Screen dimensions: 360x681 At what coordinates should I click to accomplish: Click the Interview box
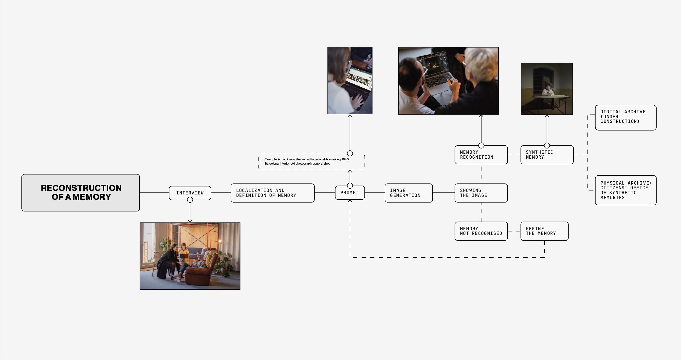point(190,193)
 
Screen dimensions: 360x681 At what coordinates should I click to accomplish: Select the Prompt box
point(350,193)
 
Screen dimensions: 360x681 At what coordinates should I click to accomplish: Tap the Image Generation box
point(408,193)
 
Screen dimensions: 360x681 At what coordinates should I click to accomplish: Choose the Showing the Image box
point(481,193)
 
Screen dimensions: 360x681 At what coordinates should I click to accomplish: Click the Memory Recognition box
point(481,155)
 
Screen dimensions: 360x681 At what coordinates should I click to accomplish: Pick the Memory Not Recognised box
point(481,231)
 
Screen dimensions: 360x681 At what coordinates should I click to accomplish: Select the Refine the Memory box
point(544,231)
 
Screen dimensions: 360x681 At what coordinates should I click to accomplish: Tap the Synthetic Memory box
point(547,155)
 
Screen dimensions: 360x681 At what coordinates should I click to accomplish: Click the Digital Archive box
point(626,117)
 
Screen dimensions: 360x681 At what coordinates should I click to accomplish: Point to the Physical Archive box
point(626,190)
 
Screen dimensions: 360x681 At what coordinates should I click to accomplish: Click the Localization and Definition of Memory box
point(272,193)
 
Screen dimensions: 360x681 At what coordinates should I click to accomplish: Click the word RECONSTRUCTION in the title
point(81,188)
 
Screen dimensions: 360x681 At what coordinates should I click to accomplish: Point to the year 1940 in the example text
point(345,159)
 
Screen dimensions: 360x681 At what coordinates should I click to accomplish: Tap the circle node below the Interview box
point(190,200)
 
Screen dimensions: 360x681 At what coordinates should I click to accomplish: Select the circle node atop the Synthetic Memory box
point(547,146)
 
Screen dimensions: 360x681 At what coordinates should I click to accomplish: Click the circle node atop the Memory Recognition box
point(481,146)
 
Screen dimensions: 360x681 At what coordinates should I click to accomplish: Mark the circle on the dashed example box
point(350,153)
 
